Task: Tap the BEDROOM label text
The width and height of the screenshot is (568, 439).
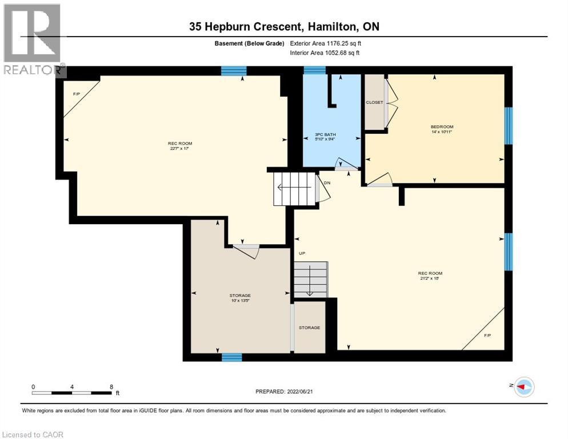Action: click(x=442, y=127)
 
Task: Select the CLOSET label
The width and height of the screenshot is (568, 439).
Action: click(x=374, y=102)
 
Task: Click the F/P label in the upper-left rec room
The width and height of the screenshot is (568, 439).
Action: click(x=76, y=93)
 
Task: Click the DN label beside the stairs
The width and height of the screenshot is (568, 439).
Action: click(x=327, y=183)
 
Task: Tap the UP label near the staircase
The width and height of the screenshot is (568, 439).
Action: click(x=302, y=253)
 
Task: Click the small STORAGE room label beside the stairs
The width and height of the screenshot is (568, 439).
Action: click(x=309, y=328)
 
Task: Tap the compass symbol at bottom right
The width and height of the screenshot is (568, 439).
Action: click(x=523, y=387)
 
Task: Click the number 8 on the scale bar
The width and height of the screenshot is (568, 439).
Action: click(x=111, y=386)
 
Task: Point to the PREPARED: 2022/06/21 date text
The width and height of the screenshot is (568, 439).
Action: click(x=284, y=392)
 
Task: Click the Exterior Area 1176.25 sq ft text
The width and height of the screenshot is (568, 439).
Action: click(x=325, y=43)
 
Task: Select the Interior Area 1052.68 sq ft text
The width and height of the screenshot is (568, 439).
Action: click(x=325, y=53)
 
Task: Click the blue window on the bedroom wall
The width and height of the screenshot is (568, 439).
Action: click(x=508, y=126)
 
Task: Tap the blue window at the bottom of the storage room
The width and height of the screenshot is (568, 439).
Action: click(x=231, y=357)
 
